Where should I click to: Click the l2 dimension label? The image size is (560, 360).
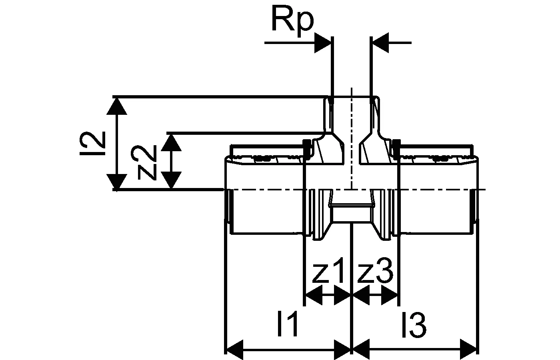point(92,144)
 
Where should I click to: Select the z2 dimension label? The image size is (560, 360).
point(147,162)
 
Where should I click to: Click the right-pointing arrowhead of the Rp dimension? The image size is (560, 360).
point(323,43)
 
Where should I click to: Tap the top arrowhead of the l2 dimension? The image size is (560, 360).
point(117,106)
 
